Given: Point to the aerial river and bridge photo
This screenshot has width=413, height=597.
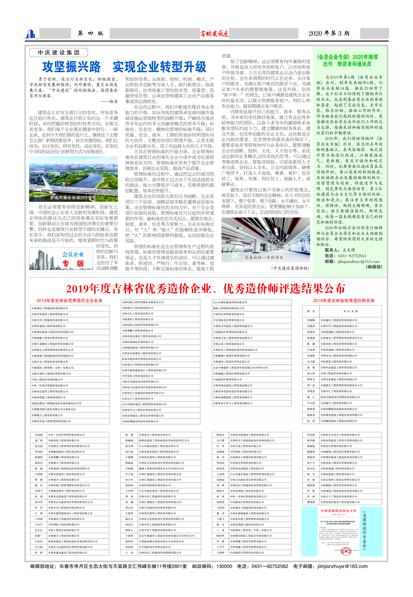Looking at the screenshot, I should (x=74, y=179).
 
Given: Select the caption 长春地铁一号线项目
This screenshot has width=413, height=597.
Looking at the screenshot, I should (x=264, y=258).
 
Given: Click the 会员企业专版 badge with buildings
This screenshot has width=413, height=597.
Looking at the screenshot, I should (x=61, y=259).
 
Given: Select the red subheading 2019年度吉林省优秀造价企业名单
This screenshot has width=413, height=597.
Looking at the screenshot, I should (x=69, y=301).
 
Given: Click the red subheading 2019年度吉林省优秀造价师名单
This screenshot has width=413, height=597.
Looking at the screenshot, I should (x=344, y=301).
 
